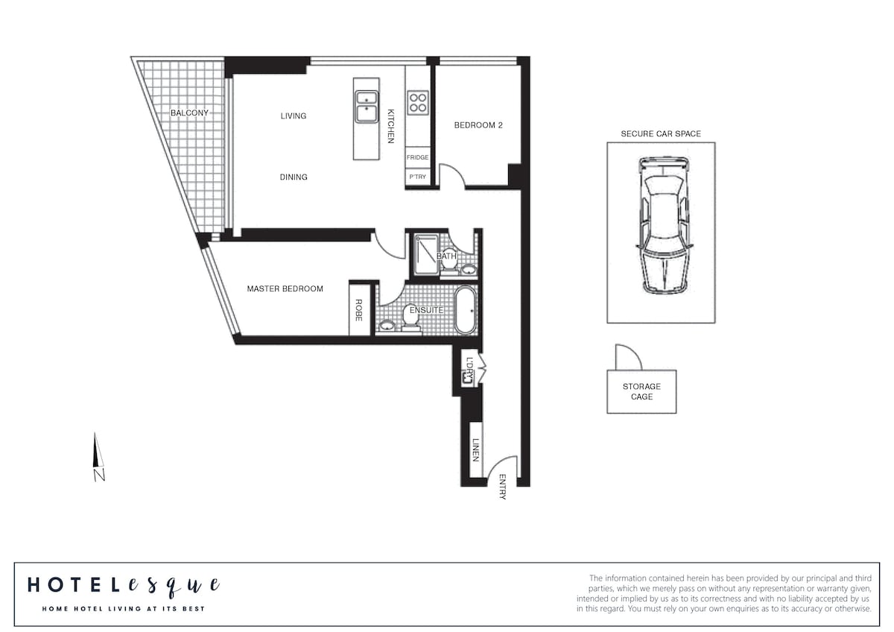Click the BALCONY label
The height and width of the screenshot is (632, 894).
pos(189,113)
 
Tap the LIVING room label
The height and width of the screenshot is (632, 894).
pos(294,116)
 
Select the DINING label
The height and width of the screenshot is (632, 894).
pos(294,177)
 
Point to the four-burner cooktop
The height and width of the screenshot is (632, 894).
pos(418,103)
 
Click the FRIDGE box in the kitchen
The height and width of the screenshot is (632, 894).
pos(418,157)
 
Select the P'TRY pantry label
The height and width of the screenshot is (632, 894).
pos(417,177)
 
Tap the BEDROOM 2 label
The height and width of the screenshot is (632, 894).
pos(478,125)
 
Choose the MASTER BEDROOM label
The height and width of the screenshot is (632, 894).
pos(285,288)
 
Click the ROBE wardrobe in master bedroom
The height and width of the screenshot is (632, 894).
pos(358,310)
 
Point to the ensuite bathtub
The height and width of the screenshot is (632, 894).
pos(466,310)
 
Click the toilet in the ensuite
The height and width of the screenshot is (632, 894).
pos(410,318)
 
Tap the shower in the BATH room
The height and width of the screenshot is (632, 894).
pos(426,255)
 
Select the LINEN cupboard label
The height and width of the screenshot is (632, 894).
pos(475,450)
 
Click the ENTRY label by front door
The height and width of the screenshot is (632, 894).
pos(502,487)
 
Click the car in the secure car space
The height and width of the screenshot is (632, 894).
pos(663,226)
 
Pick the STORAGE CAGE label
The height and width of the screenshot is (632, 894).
pos(641,391)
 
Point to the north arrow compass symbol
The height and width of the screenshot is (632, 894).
pos(98,457)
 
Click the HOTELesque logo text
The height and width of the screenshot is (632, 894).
pos(124,586)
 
